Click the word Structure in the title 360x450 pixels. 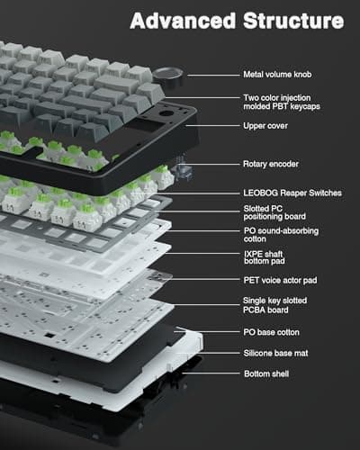tap(292, 19)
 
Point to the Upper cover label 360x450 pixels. tap(265, 128)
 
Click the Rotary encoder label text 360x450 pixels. tap(271, 164)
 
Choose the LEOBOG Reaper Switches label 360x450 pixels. tap(289, 192)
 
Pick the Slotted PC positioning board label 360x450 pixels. tap(274, 214)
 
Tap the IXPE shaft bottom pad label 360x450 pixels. tap(269, 259)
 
